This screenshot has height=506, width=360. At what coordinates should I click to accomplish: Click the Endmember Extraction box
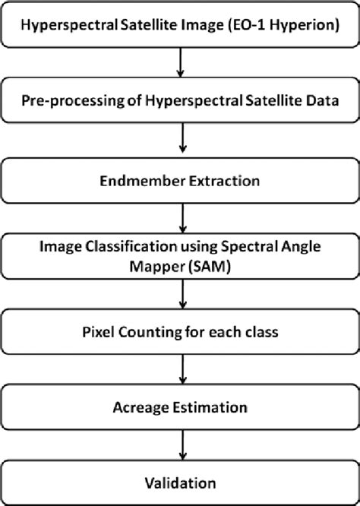[x=180, y=182]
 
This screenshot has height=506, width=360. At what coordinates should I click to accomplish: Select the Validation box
[x=180, y=482]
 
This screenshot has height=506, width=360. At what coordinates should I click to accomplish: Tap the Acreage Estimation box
[x=180, y=408]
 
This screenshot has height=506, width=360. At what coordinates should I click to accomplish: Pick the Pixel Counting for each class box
[x=180, y=334]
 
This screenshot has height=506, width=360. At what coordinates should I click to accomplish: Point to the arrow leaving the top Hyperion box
[x=180, y=64]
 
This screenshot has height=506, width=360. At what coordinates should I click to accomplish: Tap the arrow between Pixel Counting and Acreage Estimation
[x=180, y=370]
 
